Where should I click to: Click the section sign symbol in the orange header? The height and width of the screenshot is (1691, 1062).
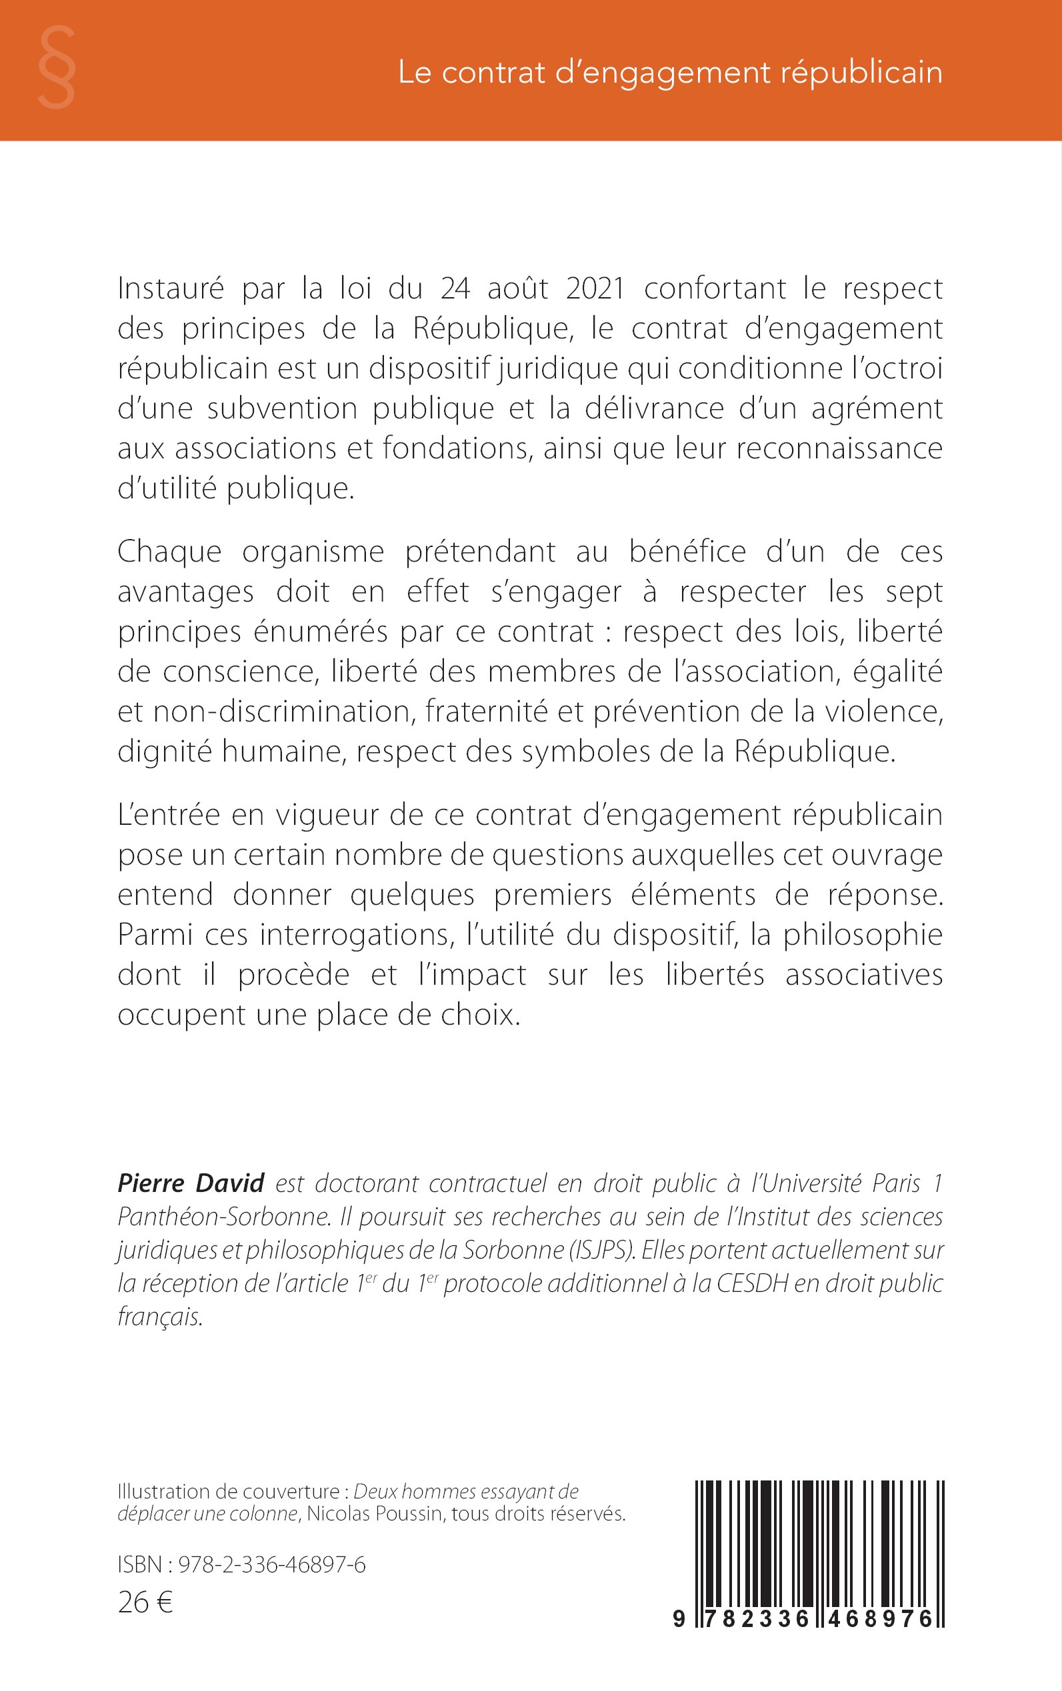tap(56, 67)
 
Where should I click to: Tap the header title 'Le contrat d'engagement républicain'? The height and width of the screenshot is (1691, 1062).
tap(669, 73)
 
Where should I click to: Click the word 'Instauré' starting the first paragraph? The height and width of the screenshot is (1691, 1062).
tap(171, 288)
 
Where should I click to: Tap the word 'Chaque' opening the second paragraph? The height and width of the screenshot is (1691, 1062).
tap(169, 552)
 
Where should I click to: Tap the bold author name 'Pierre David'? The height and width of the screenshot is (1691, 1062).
tap(191, 1183)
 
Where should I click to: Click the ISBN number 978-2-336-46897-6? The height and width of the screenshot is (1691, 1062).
tap(272, 1564)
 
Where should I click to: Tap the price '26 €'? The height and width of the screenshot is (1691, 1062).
tap(145, 1602)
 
